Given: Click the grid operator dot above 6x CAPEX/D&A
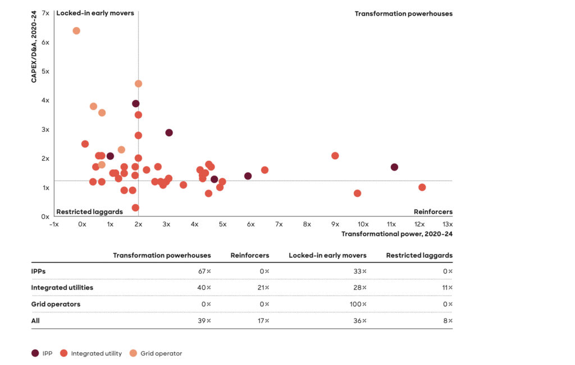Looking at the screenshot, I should pos(76,31).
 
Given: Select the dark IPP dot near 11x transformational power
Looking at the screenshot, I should pos(394,167).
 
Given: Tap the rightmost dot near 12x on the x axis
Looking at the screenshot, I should pos(422,187).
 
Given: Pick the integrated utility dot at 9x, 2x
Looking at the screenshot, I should pos(335,156).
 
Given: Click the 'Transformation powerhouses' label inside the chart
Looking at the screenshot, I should pos(403,13).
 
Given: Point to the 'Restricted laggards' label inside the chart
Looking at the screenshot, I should pos(89,212).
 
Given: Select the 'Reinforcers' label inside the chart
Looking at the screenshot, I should pos(433,212).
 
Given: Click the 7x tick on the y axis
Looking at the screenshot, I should pos(45,13).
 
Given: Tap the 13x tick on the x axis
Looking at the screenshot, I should pos(448,224).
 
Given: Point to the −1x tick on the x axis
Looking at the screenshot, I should pos(54,224).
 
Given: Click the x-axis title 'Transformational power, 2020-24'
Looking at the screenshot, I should pos(396,234).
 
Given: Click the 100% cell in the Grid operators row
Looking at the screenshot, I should pos(357,304).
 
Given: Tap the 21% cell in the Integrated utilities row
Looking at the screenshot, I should pos(263,288).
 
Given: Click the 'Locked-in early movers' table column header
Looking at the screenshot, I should pos(327,256).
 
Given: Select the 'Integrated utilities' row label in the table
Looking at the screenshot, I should pos(62,288).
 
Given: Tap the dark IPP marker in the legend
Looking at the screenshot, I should pos(35,353).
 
